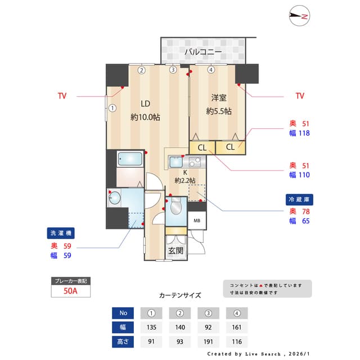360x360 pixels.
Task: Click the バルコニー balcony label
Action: pyautogui.click(x=203, y=52)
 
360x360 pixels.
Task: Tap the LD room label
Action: pyautogui.click(x=145, y=103)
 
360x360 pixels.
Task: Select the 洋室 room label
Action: pyautogui.click(x=219, y=97)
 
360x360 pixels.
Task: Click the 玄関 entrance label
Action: pyautogui.click(x=175, y=251)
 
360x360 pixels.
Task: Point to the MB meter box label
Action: pyautogui.click(x=197, y=220)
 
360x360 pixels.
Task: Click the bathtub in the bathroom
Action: pyautogui.click(x=130, y=160)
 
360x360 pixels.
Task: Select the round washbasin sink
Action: pyautogui.click(x=115, y=197)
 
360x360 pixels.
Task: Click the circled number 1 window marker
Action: pyautogui.click(x=112, y=108)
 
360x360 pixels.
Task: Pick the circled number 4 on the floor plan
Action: pyautogui.click(x=210, y=70)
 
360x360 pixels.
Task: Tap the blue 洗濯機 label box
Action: pyautogui.click(x=61, y=233)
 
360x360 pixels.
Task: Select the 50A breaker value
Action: pyautogui.click(x=71, y=291)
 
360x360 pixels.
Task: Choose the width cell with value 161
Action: pyautogui.click(x=237, y=327)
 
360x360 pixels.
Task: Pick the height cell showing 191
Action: pyautogui.click(x=208, y=341)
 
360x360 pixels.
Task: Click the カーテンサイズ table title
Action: pyautogui.click(x=180, y=295)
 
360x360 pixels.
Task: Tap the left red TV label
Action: pyautogui.click(x=62, y=96)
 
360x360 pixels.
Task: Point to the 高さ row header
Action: pyautogui.click(x=123, y=341)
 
